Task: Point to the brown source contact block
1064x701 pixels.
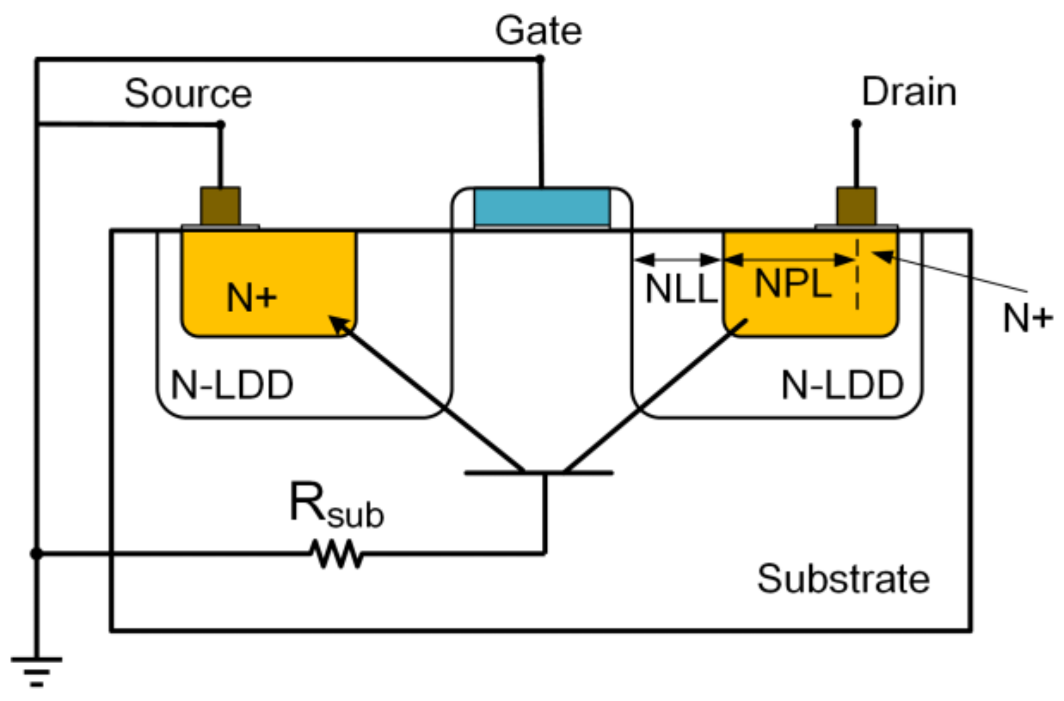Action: [220, 206]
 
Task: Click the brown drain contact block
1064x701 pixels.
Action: [856, 206]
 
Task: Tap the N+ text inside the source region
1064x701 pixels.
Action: [251, 298]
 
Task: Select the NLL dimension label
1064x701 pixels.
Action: [680, 289]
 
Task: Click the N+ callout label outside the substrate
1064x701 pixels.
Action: [1028, 318]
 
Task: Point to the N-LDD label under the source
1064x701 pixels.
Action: [232, 385]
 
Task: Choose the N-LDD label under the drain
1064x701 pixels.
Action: [842, 385]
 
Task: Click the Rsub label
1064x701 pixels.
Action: [335, 505]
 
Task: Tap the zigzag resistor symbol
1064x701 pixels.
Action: [337, 554]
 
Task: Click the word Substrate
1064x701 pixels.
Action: [843, 579]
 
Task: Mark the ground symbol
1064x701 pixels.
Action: [36, 670]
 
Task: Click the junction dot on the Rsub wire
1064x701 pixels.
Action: [36, 554]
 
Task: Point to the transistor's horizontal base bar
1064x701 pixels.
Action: [539, 473]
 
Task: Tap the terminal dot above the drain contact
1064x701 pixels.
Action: [856, 124]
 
